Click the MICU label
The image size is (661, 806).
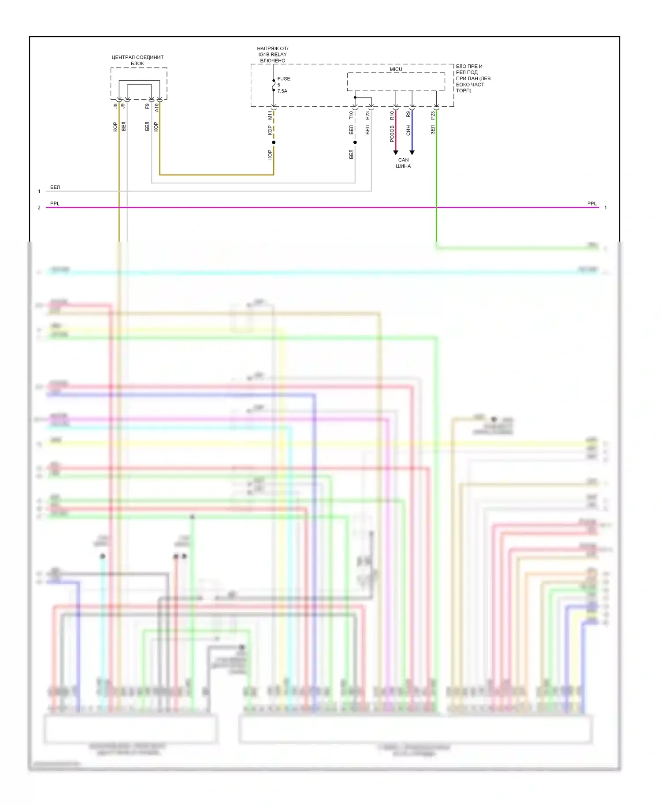[x=396, y=69]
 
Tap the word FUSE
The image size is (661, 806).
[x=284, y=79]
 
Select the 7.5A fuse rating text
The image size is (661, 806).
[x=282, y=91]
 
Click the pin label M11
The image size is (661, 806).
[x=270, y=116]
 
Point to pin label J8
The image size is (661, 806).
[x=115, y=106]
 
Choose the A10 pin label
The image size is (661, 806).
[x=156, y=108]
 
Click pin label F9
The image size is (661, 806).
[x=147, y=106]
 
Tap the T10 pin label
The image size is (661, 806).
[x=351, y=115]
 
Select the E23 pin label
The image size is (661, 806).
[x=368, y=115]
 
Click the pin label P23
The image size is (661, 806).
[x=433, y=116]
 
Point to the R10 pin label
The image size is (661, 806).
[x=392, y=116]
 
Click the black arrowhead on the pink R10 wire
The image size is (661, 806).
[x=396, y=153]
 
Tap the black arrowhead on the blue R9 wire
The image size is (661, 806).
[x=412, y=153]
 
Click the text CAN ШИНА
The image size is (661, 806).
[x=403, y=163]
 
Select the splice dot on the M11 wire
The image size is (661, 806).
[x=274, y=142]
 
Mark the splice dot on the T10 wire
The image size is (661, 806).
[x=355, y=142]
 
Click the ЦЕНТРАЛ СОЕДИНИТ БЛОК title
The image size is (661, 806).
[x=137, y=60]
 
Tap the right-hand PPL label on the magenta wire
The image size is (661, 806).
[x=591, y=204]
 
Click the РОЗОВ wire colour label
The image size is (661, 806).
[x=392, y=134]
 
